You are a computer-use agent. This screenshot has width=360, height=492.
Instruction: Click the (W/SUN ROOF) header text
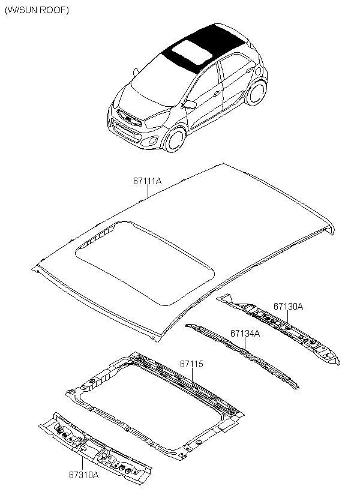pyautogui.click(x=37, y=11)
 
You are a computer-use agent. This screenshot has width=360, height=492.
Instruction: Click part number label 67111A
pyautogui.click(x=148, y=180)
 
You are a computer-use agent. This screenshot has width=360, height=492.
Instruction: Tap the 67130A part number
pyautogui.click(x=288, y=307)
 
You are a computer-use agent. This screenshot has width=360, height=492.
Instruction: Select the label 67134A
pyautogui.click(x=245, y=333)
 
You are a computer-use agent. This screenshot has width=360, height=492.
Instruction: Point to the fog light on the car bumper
pyautogui.click(x=154, y=142)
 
